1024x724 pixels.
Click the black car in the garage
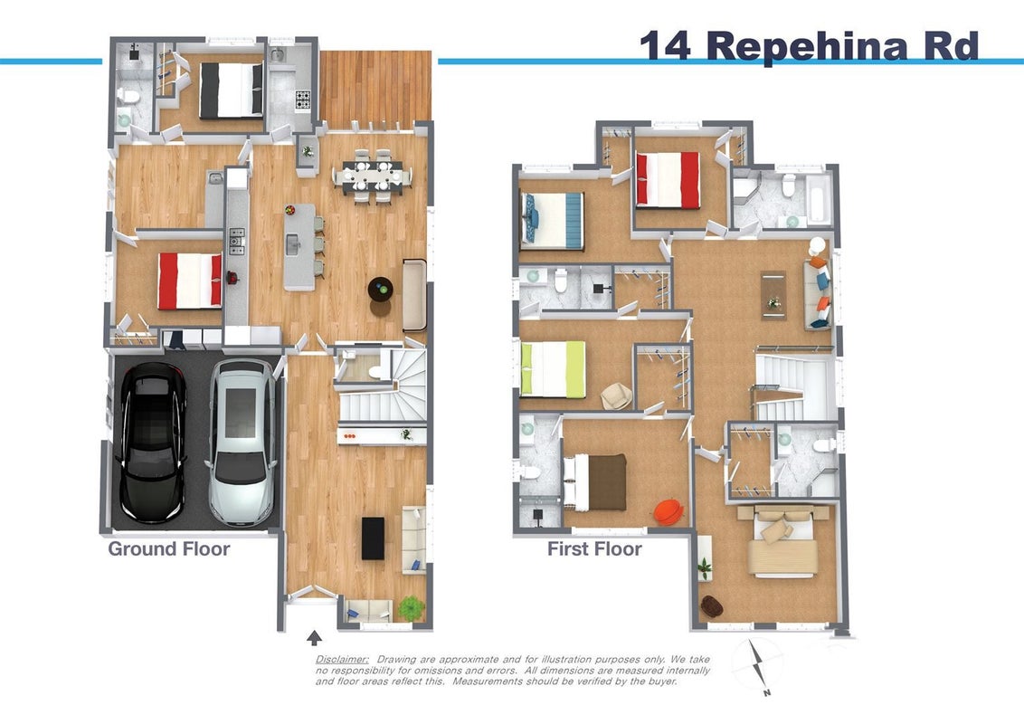(x=151, y=443)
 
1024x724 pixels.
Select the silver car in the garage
(x=242, y=443)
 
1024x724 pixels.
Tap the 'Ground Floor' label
(x=168, y=548)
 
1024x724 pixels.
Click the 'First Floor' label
(x=594, y=548)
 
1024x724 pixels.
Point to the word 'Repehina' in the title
(x=807, y=46)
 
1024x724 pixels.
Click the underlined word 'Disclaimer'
(x=342, y=660)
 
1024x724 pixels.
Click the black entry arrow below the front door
(x=314, y=637)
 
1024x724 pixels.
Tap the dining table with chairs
(x=373, y=176)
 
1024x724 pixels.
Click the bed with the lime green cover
(x=554, y=369)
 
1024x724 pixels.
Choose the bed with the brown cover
(x=595, y=482)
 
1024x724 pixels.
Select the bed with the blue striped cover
(x=552, y=221)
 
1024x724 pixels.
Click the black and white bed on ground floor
(x=232, y=90)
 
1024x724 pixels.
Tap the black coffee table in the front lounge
(x=373, y=538)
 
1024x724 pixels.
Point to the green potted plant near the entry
(x=411, y=608)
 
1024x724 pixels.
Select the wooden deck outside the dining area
(x=375, y=90)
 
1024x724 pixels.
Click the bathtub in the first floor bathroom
(x=819, y=197)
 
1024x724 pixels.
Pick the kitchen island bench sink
(x=292, y=244)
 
